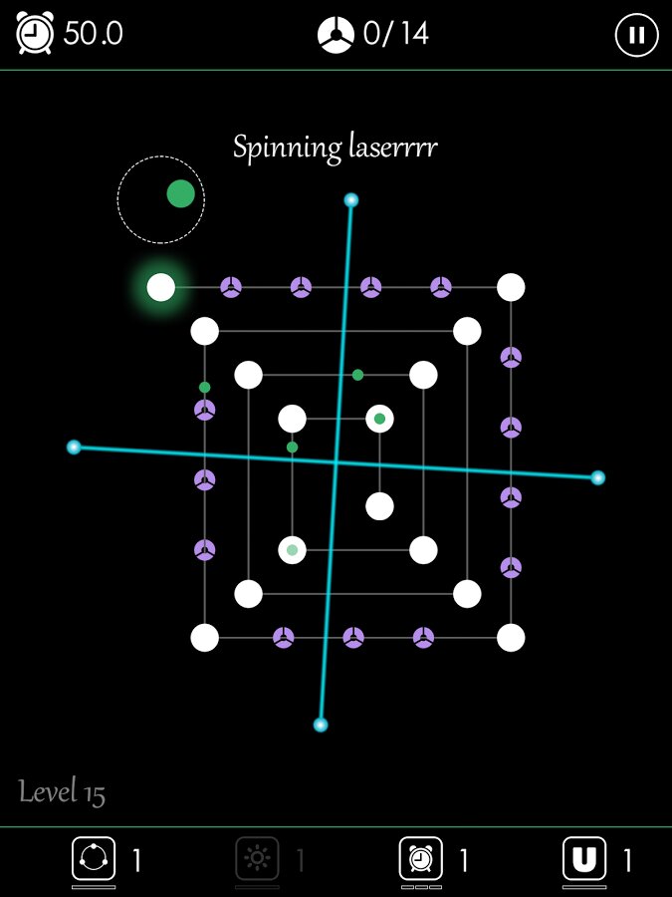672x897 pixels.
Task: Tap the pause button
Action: click(636, 35)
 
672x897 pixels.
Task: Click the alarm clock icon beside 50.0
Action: click(35, 33)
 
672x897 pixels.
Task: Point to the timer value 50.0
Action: click(94, 34)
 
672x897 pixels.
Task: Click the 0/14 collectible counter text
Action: click(396, 34)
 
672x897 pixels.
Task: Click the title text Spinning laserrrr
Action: click(336, 149)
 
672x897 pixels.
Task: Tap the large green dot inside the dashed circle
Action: click(180, 194)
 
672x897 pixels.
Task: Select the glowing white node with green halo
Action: click(161, 287)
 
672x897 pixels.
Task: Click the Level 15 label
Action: click(62, 793)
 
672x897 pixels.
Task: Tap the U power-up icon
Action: click(584, 859)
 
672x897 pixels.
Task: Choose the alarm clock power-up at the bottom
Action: click(420, 859)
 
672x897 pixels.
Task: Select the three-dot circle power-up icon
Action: click(94, 859)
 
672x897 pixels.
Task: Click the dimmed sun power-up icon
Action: click(257, 859)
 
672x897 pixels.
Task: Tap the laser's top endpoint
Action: click(350, 199)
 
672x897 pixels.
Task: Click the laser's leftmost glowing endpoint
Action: click(74, 447)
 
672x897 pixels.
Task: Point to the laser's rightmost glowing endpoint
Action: click(597, 477)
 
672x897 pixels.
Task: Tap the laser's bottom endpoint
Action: click(321, 725)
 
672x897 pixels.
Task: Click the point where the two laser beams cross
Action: click(336, 462)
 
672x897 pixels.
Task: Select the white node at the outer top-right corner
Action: click(511, 287)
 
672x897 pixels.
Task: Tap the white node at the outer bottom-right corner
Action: click(511, 638)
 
